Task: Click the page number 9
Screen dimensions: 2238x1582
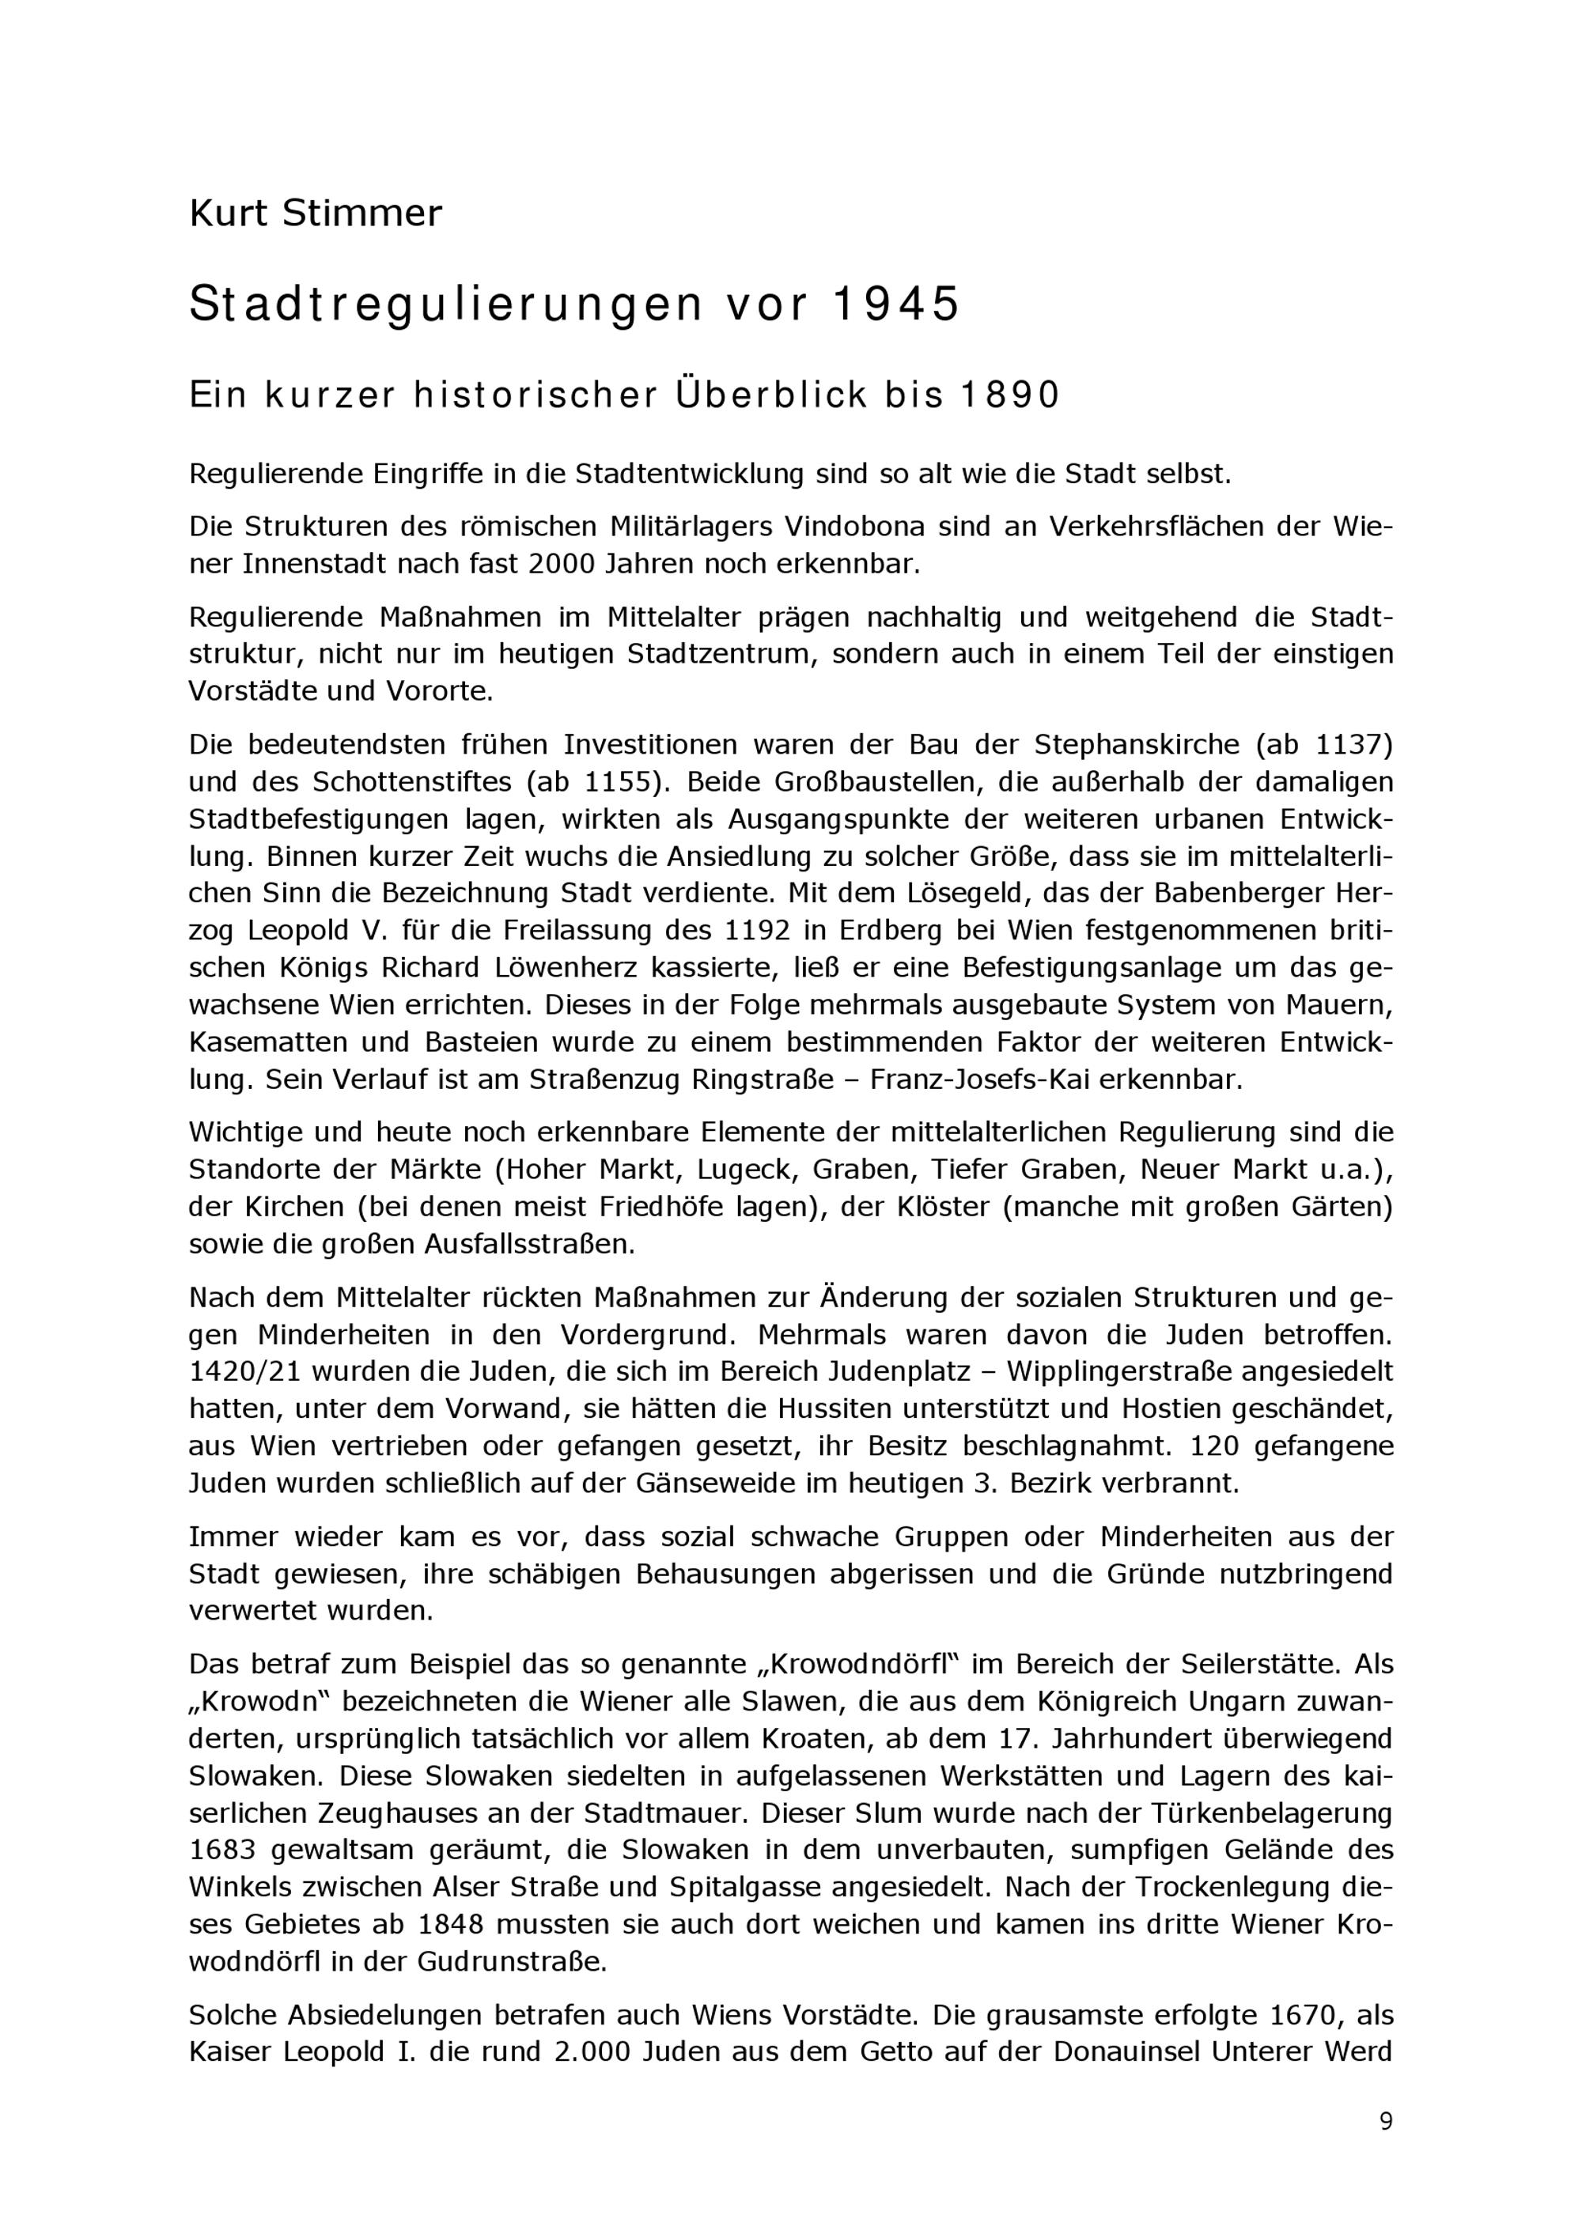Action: [1385, 2122]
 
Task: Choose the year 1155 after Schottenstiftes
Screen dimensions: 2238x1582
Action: [621, 782]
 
